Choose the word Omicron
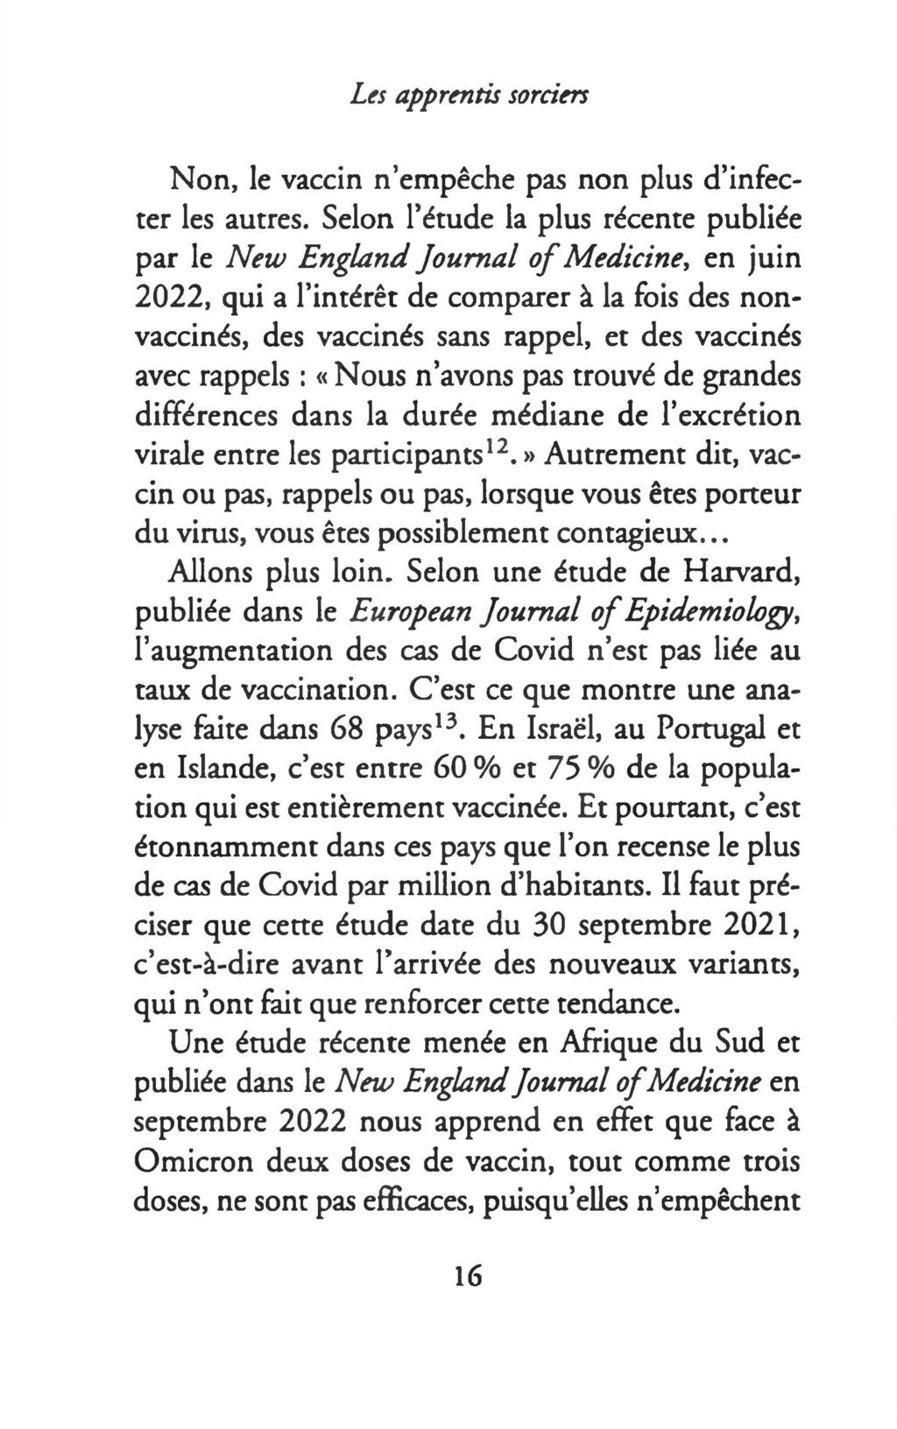[x=199, y=1163]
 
